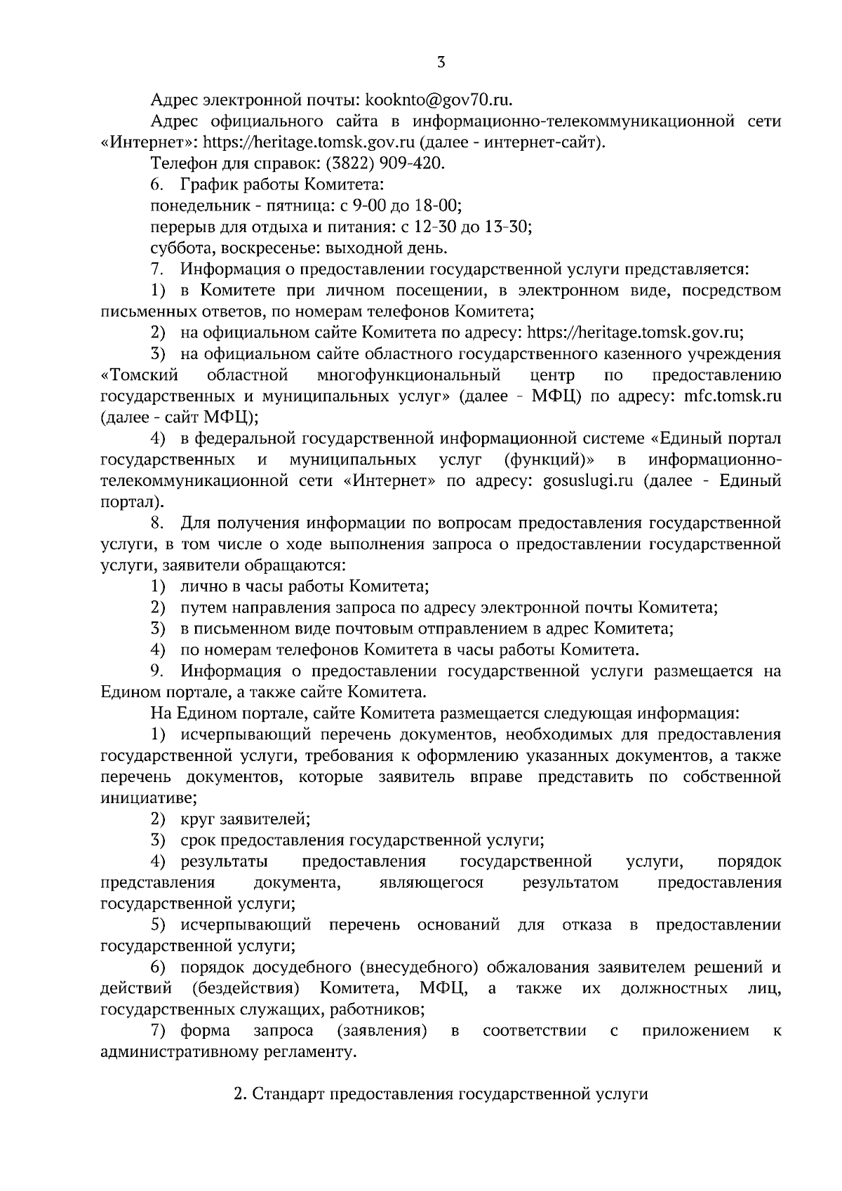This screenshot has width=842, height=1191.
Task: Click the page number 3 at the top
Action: click(441, 62)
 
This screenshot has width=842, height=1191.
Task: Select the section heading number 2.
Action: click(238, 1094)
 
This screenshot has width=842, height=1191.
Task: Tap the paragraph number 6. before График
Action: click(157, 184)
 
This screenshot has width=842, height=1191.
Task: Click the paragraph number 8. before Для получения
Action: click(157, 523)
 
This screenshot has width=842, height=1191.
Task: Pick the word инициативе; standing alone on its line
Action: click(149, 798)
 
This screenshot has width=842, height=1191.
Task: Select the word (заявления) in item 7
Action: click(382, 1031)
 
